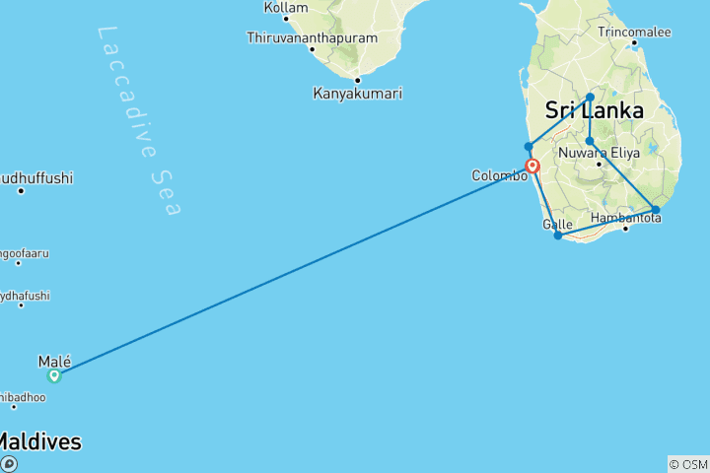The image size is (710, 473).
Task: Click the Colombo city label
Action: [x=498, y=175]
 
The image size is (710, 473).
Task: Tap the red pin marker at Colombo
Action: [x=532, y=166]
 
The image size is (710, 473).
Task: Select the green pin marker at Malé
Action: [x=54, y=375]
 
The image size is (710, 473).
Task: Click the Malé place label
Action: [x=54, y=362]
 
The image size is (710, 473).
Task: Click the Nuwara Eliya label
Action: [x=599, y=153]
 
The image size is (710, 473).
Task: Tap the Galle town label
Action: [x=557, y=224]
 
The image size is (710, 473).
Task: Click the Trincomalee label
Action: [x=634, y=32]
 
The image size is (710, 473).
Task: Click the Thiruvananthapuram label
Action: [x=313, y=37]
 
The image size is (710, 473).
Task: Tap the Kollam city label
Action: [x=286, y=8]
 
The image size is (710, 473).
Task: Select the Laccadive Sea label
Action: [x=139, y=120]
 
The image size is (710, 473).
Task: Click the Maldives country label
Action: [x=39, y=442]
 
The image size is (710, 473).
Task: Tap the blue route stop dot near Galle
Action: [x=558, y=236]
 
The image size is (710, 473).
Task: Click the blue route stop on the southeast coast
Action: [x=656, y=209]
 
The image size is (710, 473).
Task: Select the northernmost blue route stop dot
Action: [x=590, y=97]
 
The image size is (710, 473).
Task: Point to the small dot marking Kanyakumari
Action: [x=357, y=80]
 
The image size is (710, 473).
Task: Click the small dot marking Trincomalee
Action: [x=634, y=43]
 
